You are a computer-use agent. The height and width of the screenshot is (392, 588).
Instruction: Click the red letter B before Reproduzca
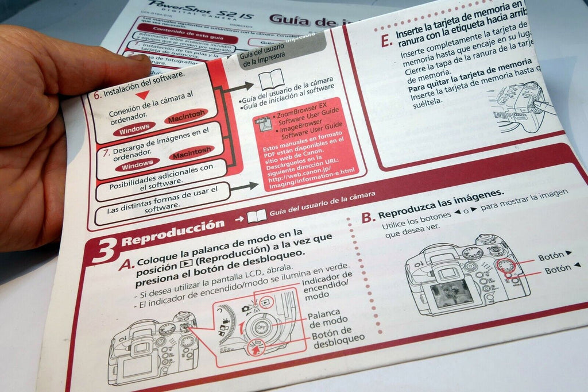point(367,217)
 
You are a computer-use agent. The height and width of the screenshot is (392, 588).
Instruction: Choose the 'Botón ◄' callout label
point(562,268)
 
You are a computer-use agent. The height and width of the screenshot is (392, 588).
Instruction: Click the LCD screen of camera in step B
point(451,293)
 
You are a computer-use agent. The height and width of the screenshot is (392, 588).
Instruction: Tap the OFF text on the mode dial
point(262,328)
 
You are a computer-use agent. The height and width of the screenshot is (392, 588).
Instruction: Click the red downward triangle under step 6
point(146,94)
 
